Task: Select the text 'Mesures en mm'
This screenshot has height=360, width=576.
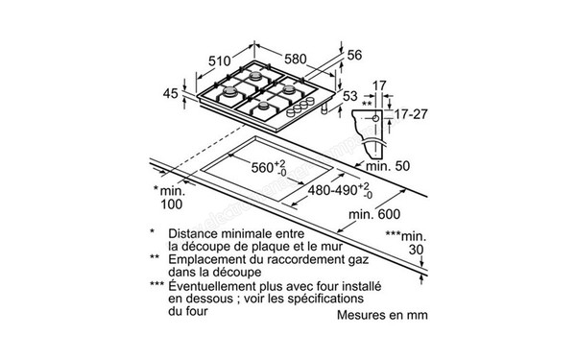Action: click(381, 315)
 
